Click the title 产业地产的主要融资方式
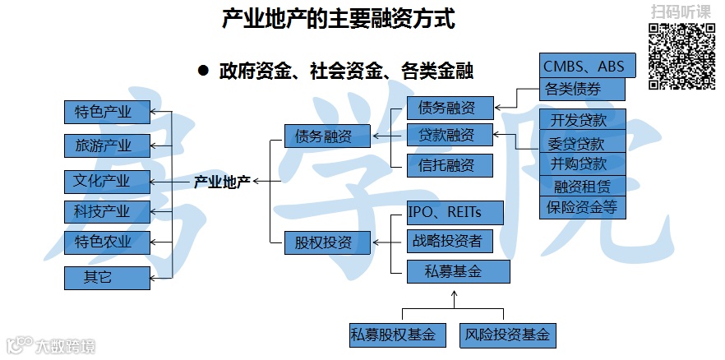[x=338, y=20]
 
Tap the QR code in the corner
[x=681, y=56]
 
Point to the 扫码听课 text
[x=681, y=12]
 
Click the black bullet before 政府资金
[x=203, y=71]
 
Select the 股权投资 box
[x=323, y=242]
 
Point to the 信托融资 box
[x=450, y=165]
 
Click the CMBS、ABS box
[x=584, y=66]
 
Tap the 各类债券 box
[x=584, y=90]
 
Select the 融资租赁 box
[x=584, y=186]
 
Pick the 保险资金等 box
[x=584, y=207]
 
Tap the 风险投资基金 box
[x=507, y=335]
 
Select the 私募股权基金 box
[x=397, y=335]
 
